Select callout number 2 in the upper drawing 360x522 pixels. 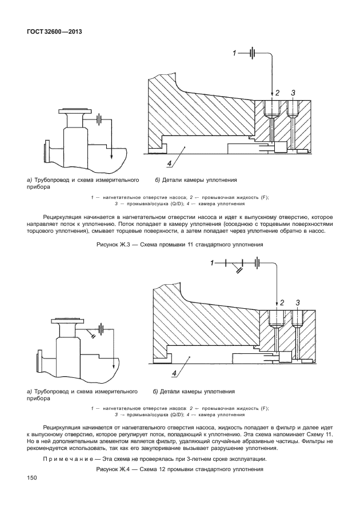click(277, 93)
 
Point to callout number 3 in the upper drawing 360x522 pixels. click(293, 93)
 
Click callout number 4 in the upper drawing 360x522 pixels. click(170, 164)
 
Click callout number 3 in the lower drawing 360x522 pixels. click(298, 302)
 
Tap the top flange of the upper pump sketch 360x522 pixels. click(76, 111)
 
